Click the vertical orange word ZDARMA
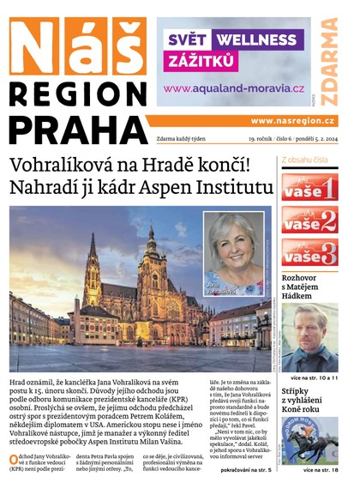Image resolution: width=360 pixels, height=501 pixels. [329, 60]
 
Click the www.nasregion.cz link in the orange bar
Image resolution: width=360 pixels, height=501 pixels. [293, 121]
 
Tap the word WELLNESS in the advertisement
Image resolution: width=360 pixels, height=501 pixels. [255, 39]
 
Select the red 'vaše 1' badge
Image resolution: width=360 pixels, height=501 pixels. [309, 188]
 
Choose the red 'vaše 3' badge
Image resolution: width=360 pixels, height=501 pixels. [309, 253]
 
